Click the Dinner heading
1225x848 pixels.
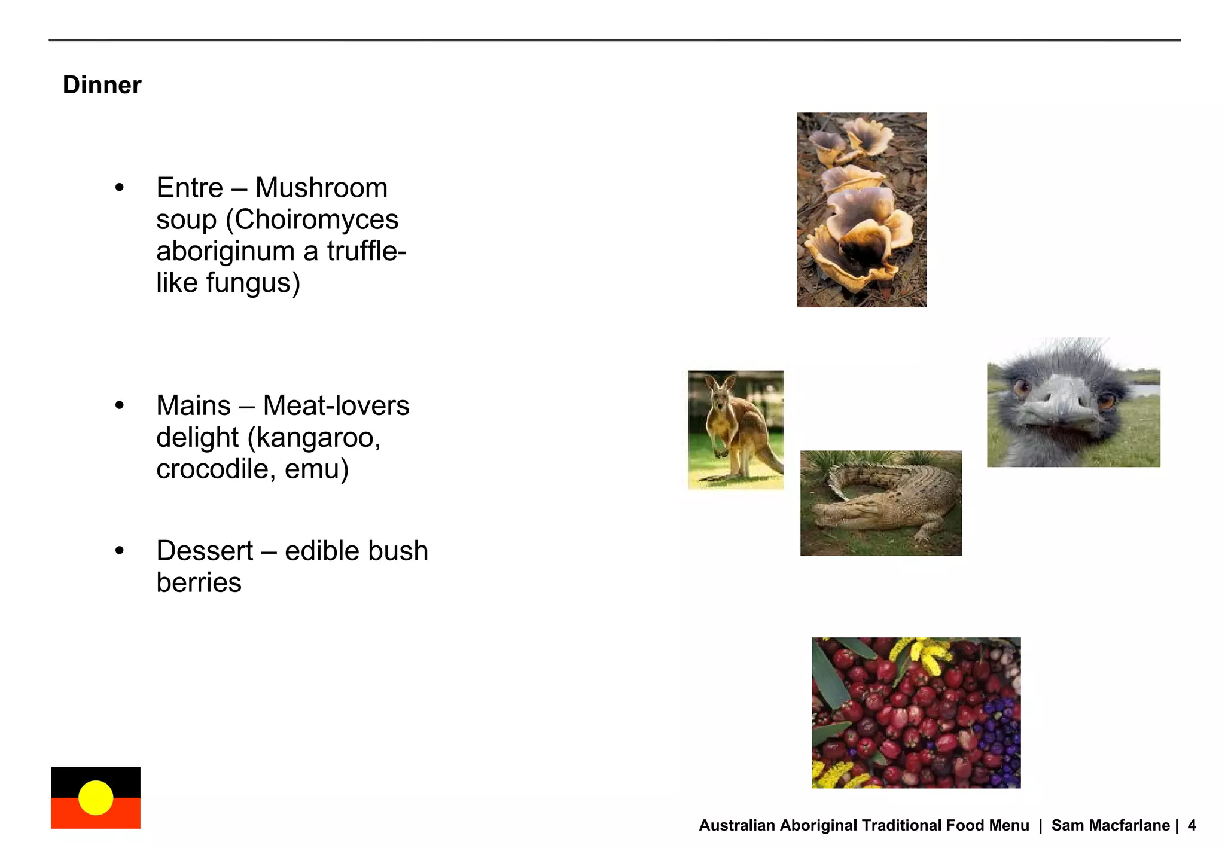102,85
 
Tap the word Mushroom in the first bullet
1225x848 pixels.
321,188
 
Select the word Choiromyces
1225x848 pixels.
316,219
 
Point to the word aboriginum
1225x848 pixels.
226,252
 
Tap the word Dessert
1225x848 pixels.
205,551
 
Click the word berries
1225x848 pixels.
199,583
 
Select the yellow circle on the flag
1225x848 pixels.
96,798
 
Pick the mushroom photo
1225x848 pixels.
861,210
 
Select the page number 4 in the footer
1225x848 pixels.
1192,826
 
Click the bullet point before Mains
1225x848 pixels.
120,405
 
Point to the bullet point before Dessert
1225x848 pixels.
120,551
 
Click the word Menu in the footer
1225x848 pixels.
1009,826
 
